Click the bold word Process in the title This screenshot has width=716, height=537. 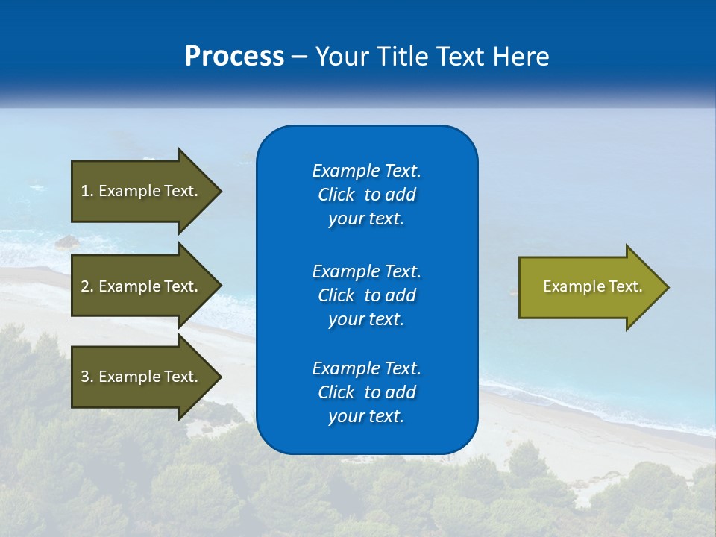[234, 57]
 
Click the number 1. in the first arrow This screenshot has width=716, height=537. [87, 191]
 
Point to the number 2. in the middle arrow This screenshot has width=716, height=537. [87, 286]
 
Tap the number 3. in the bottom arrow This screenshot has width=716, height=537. [87, 377]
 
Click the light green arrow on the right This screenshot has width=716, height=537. [589, 287]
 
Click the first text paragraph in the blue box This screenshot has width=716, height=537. [366, 195]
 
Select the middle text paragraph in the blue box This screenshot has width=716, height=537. [366, 295]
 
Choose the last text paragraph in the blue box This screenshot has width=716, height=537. [366, 392]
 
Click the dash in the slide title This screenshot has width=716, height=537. [299, 57]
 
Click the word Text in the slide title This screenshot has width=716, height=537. [458, 57]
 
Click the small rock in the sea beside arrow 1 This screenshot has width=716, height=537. [67, 241]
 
